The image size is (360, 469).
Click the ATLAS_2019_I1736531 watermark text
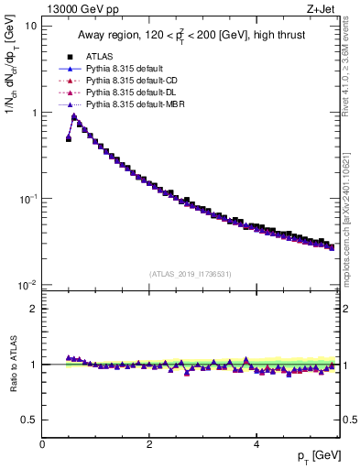[x=191, y=274]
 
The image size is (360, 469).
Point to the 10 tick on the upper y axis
[x=30, y=27]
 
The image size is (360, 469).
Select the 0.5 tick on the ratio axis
[x=27, y=420]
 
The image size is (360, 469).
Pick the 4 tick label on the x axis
[x=256, y=445]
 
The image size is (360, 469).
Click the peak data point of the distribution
[x=74, y=116]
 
